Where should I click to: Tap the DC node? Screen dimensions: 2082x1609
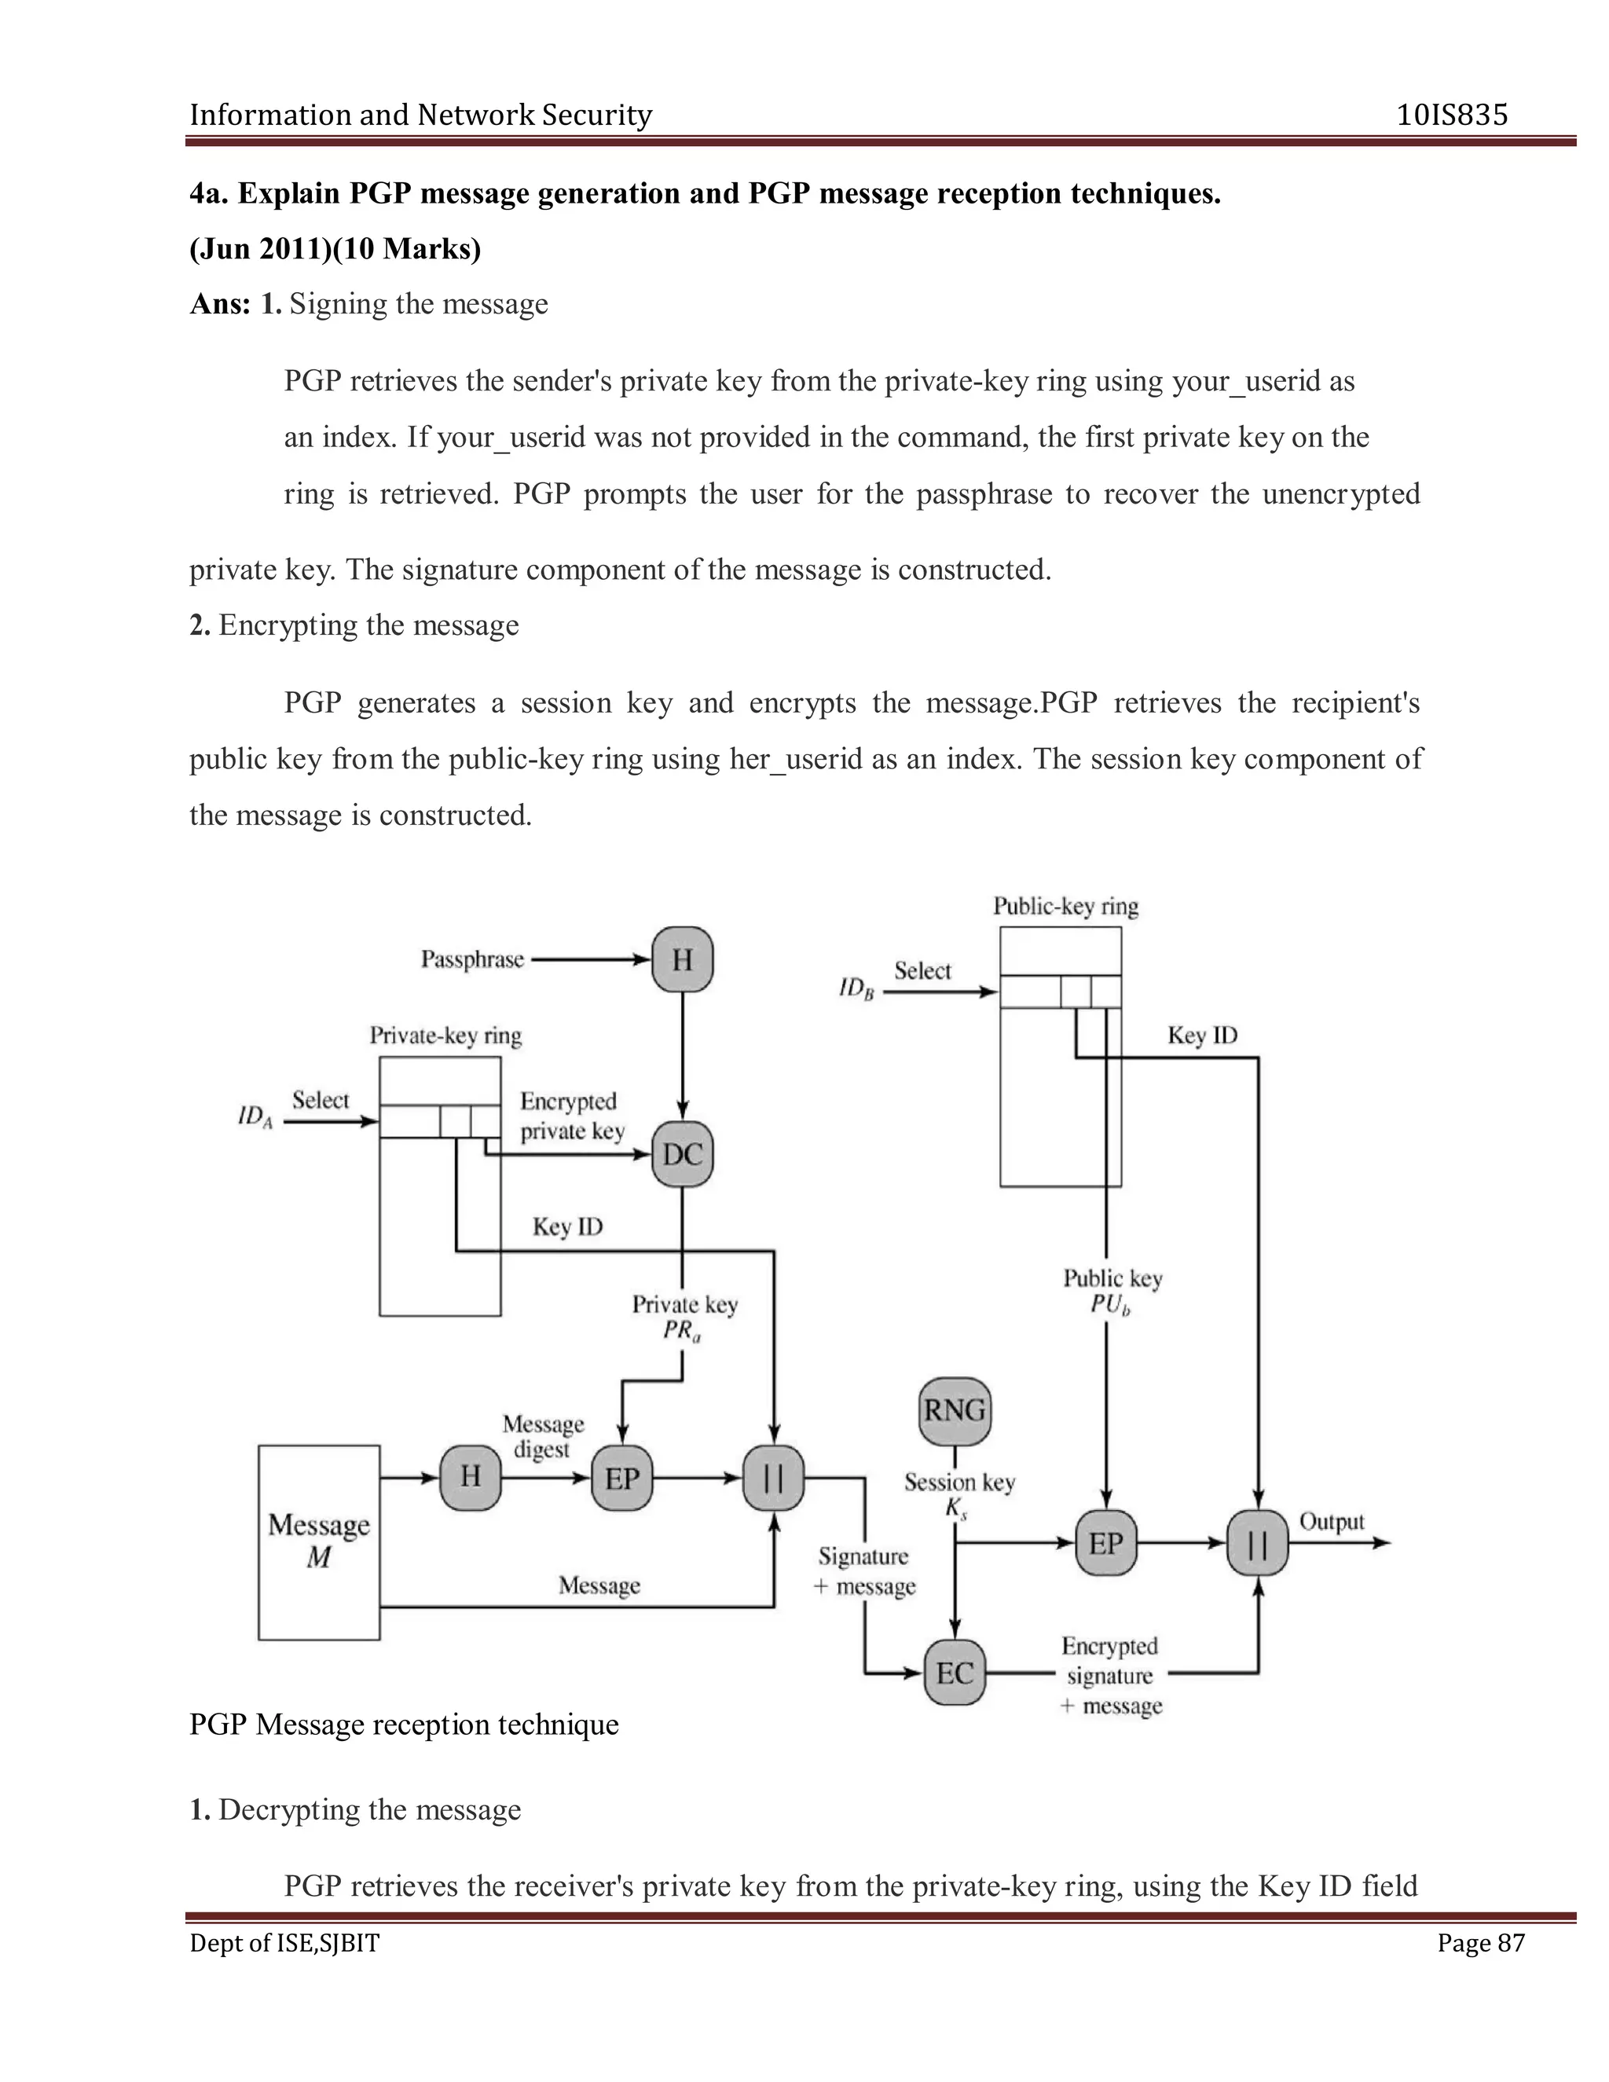pyautogui.click(x=683, y=1154)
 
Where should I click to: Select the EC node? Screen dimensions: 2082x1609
pyautogui.click(x=954, y=1673)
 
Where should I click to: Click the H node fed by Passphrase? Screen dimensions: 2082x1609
pyautogui.click(x=683, y=959)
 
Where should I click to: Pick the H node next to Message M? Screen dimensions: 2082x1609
pyautogui.click(x=470, y=1478)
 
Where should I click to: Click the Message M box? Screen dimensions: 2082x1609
pyautogui.click(x=318, y=1541)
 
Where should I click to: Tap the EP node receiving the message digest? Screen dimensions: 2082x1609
pyautogui.click(x=621, y=1479)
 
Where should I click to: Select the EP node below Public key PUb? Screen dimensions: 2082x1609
pyautogui.click(x=1105, y=1542)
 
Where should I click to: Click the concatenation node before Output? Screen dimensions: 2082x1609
pyautogui.click(x=1257, y=1542)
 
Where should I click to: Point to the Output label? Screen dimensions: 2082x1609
pyautogui.click(x=1332, y=1522)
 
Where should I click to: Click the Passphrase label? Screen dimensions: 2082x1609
pyautogui.click(x=473, y=959)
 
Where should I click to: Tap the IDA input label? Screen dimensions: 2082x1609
pyautogui.click(x=255, y=1116)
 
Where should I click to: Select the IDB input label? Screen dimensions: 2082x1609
pyautogui.click(x=856, y=988)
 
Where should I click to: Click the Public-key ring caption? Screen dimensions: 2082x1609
pyautogui.click(x=1065, y=906)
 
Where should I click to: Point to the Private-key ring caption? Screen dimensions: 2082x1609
pyautogui.click(x=445, y=1036)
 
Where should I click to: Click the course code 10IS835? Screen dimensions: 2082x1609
pyautogui.click(x=1452, y=115)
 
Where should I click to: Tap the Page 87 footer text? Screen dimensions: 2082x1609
pyautogui.click(x=1480, y=1943)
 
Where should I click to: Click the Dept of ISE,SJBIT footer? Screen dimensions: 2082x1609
pyautogui.click(x=284, y=1943)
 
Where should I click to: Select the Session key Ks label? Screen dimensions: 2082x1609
pyautogui.click(x=959, y=1494)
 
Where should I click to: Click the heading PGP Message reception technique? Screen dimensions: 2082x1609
pyautogui.click(x=404, y=1725)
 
